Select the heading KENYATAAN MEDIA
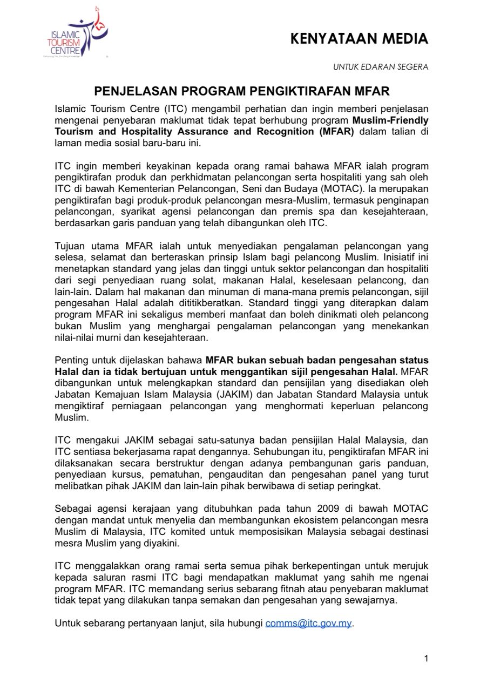pos(359,39)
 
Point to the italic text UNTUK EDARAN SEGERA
pos(380,67)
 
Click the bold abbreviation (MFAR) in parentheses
pos(334,131)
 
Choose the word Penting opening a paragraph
pos(72,360)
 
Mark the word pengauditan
pos(261,474)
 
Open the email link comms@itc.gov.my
pos(308,623)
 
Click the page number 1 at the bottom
pos(426,658)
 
